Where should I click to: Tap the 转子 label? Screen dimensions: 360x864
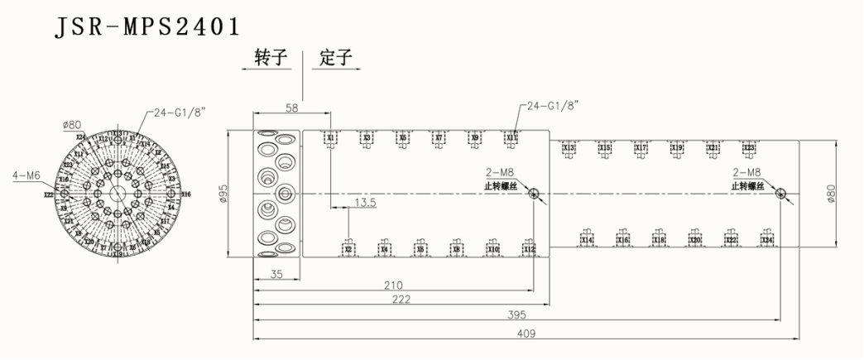coord(271,58)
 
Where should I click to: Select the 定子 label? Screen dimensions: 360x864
coord(336,58)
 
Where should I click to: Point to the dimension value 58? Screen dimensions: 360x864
coord(290,108)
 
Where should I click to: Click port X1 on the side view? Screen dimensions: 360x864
coord(330,137)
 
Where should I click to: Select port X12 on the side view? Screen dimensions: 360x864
coord(529,248)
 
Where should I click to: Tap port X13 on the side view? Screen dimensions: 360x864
coord(569,148)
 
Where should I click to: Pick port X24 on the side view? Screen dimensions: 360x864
coord(767,240)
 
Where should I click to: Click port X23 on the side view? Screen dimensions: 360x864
coord(749,148)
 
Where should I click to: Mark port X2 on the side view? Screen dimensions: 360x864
coord(348,248)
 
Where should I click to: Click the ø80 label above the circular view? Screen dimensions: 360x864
coord(71,125)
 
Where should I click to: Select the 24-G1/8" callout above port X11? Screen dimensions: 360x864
coord(552,105)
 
